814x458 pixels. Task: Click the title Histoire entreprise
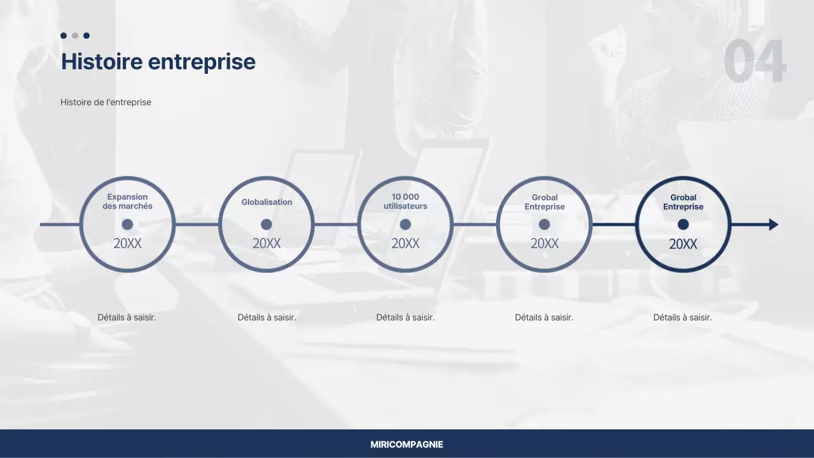[x=158, y=62]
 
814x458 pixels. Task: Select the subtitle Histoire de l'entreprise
[x=106, y=102]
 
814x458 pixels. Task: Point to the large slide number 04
[x=755, y=62]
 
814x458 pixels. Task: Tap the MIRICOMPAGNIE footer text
[x=407, y=445]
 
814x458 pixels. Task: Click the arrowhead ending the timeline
[x=773, y=225]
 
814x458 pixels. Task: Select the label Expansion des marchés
[x=127, y=202]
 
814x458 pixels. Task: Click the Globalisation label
[x=266, y=202]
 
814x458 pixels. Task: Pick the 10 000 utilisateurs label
[x=405, y=202]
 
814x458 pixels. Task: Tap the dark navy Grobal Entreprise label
[x=683, y=202]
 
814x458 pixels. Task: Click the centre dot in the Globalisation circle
[x=266, y=225]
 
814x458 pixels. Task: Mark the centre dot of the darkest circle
[x=683, y=225]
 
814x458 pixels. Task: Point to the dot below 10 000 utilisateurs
[x=405, y=225]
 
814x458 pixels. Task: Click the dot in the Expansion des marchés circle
[x=127, y=225]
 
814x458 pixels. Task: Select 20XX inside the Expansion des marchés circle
[x=127, y=244]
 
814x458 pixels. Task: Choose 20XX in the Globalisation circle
[x=266, y=244]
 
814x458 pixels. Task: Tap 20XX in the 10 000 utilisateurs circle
[x=405, y=244]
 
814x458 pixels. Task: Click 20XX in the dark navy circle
[x=683, y=244]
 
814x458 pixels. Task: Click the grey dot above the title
[x=75, y=36]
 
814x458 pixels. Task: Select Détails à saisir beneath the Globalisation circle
[x=266, y=317]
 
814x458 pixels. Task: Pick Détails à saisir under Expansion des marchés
[x=127, y=317]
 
